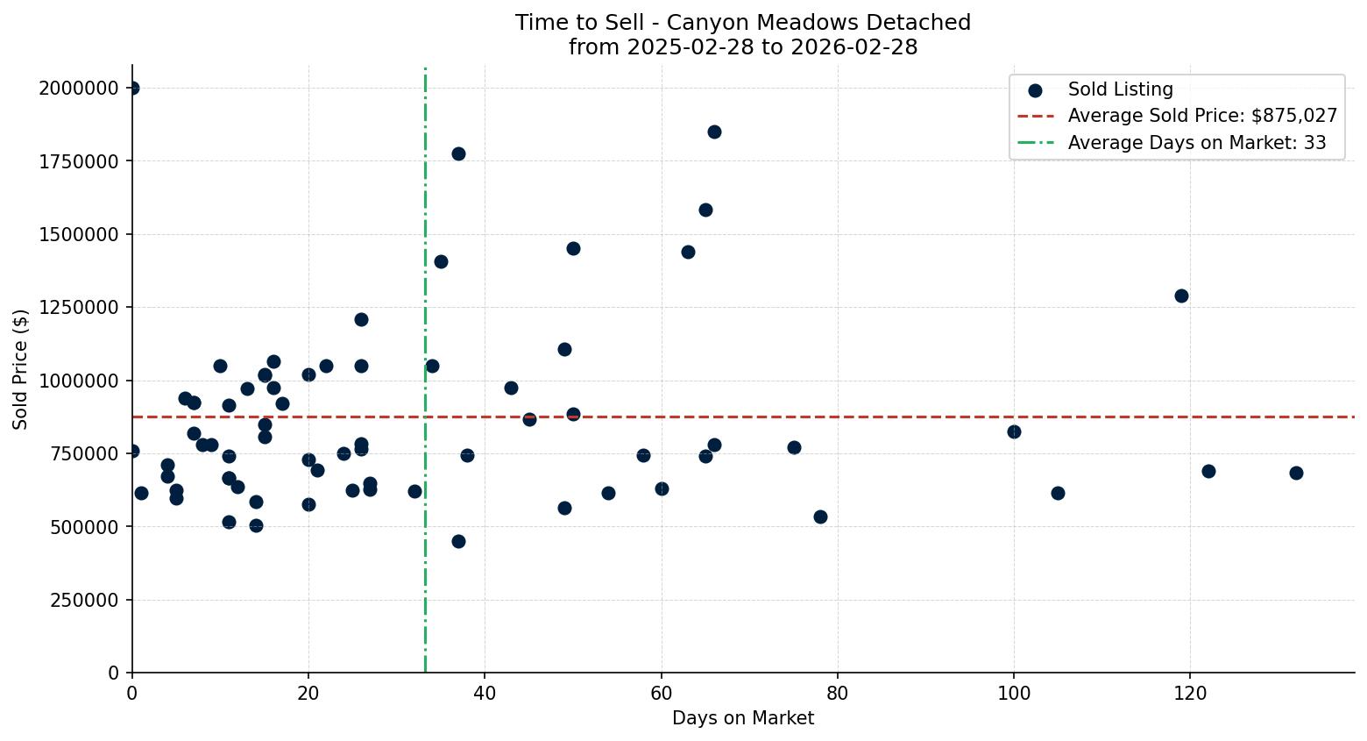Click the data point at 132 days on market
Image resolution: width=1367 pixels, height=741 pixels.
point(1296,473)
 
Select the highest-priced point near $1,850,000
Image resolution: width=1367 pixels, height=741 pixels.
point(714,132)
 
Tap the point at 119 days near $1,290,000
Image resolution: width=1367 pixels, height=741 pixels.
point(1181,296)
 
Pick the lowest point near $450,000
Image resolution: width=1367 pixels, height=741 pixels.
point(458,541)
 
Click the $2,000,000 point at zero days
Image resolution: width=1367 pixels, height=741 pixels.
point(132,88)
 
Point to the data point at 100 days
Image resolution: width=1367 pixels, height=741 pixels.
point(1014,431)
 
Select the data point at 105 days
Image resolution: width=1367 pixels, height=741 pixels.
point(1058,493)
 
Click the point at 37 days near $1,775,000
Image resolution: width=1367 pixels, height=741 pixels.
point(458,153)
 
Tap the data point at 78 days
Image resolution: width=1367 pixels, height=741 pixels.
point(820,517)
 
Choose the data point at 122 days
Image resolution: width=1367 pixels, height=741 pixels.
point(1208,471)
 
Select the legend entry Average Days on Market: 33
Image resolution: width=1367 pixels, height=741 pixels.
point(1196,143)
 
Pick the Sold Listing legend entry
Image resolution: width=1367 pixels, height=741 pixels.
point(1120,89)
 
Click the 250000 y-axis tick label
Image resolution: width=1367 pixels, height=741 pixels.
point(84,600)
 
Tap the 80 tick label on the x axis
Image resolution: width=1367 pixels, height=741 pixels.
point(838,693)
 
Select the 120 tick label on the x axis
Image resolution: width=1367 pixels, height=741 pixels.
point(1190,693)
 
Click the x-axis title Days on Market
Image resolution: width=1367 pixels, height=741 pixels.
point(743,718)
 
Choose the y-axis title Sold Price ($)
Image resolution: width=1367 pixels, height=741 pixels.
point(21,369)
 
